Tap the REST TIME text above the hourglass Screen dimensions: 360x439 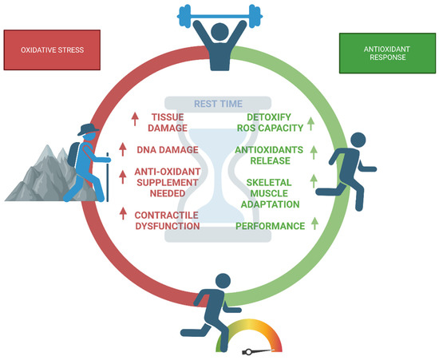pos(219,102)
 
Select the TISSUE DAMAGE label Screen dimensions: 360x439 pos(168,121)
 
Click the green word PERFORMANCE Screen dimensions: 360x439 pos(270,226)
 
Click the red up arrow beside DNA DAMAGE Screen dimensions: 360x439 pos(123,148)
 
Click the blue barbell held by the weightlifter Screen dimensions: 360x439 pos(219,14)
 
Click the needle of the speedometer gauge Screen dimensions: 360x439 pos(257,350)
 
